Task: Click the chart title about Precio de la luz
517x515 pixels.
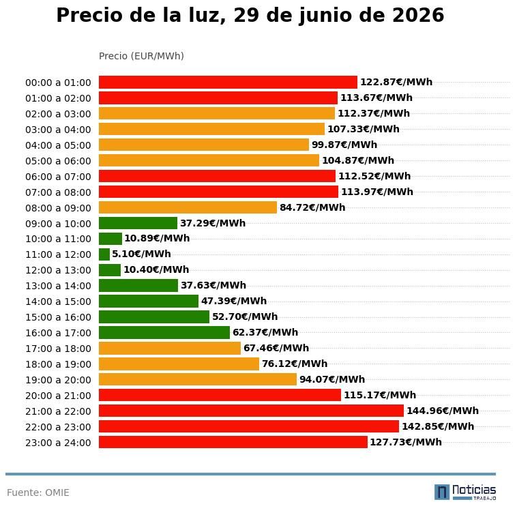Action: tap(250, 15)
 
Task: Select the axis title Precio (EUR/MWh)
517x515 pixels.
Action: tap(141, 56)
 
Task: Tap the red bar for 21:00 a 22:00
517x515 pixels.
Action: tap(251, 411)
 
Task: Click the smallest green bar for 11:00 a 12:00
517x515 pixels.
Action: tap(104, 254)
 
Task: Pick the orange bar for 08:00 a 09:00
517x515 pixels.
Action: tap(188, 207)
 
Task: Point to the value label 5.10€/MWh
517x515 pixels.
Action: tap(141, 254)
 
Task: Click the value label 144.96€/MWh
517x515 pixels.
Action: tap(443, 411)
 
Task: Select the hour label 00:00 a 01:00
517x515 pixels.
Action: tap(58, 83)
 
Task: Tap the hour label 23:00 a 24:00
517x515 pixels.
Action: tap(58, 443)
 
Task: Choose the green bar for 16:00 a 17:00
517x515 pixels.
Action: tap(164, 332)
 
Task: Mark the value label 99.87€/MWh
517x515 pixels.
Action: tap(344, 145)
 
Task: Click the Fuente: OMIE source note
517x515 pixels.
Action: tap(38, 492)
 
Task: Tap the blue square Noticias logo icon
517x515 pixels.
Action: tap(442, 492)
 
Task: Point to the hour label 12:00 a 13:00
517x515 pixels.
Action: tap(58, 270)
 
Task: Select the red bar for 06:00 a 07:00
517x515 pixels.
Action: tap(218, 176)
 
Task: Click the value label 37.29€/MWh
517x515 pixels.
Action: tap(213, 223)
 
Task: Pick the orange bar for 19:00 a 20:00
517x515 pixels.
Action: tap(198, 379)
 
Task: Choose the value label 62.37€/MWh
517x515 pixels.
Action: tap(265, 332)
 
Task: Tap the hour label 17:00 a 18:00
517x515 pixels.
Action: tap(58, 349)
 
